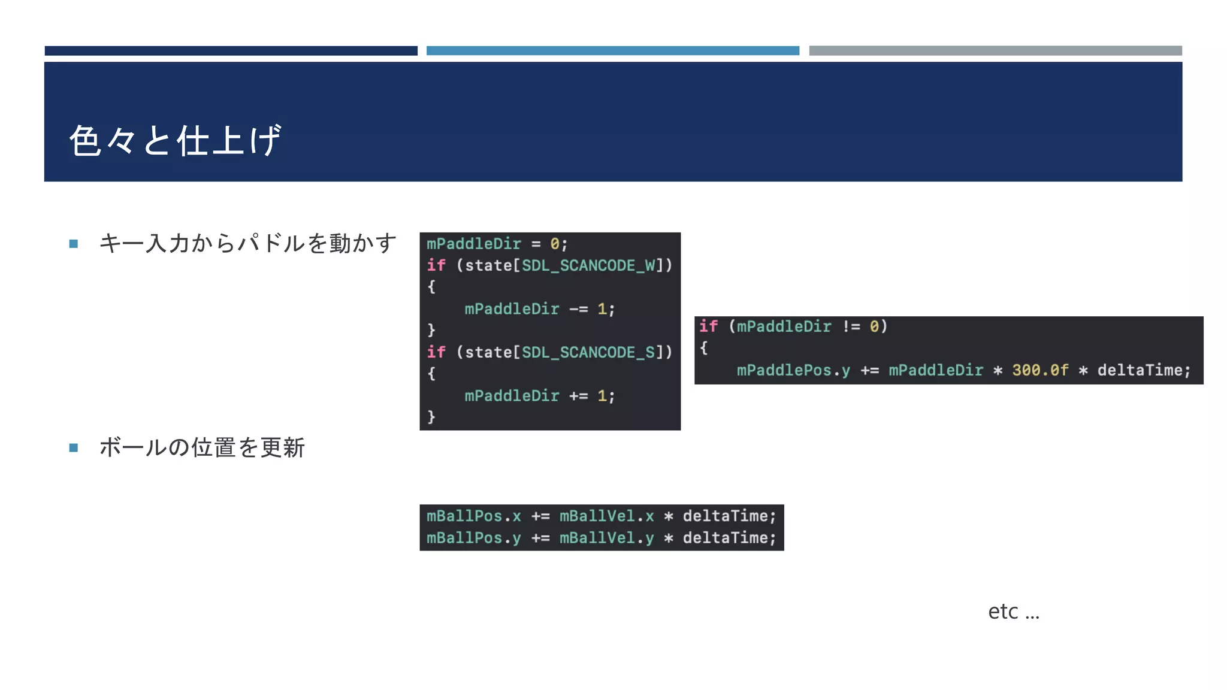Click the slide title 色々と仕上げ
pyautogui.click(x=174, y=141)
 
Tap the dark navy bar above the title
pyautogui.click(x=231, y=51)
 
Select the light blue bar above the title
pyautogui.click(x=612, y=51)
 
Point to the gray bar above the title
pyautogui.click(x=995, y=51)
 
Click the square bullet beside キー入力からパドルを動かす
pyautogui.click(x=74, y=244)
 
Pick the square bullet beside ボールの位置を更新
pyautogui.click(x=74, y=447)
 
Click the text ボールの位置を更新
pyautogui.click(x=202, y=447)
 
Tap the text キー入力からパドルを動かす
pyautogui.click(x=247, y=243)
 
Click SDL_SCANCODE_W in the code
pyautogui.click(x=588, y=265)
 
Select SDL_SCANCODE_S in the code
pyautogui.click(x=588, y=352)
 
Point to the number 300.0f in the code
pyautogui.click(x=1040, y=370)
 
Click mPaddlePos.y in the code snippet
pyautogui.click(x=793, y=370)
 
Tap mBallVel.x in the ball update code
pyautogui.click(x=606, y=516)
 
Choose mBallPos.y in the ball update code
pyautogui.click(x=473, y=538)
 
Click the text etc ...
pyautogui.click(x=1003, y=612)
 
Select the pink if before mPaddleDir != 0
pyautogui.click(x=708, y=326)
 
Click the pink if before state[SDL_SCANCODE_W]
pyautogui.click(x=436, y=265)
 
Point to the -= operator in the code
pyautogui.click(x=578, y=309)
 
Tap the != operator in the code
pyautogui.click(x=851, y=326)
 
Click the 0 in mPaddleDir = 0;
pyautogui.click(x=555, y=244)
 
